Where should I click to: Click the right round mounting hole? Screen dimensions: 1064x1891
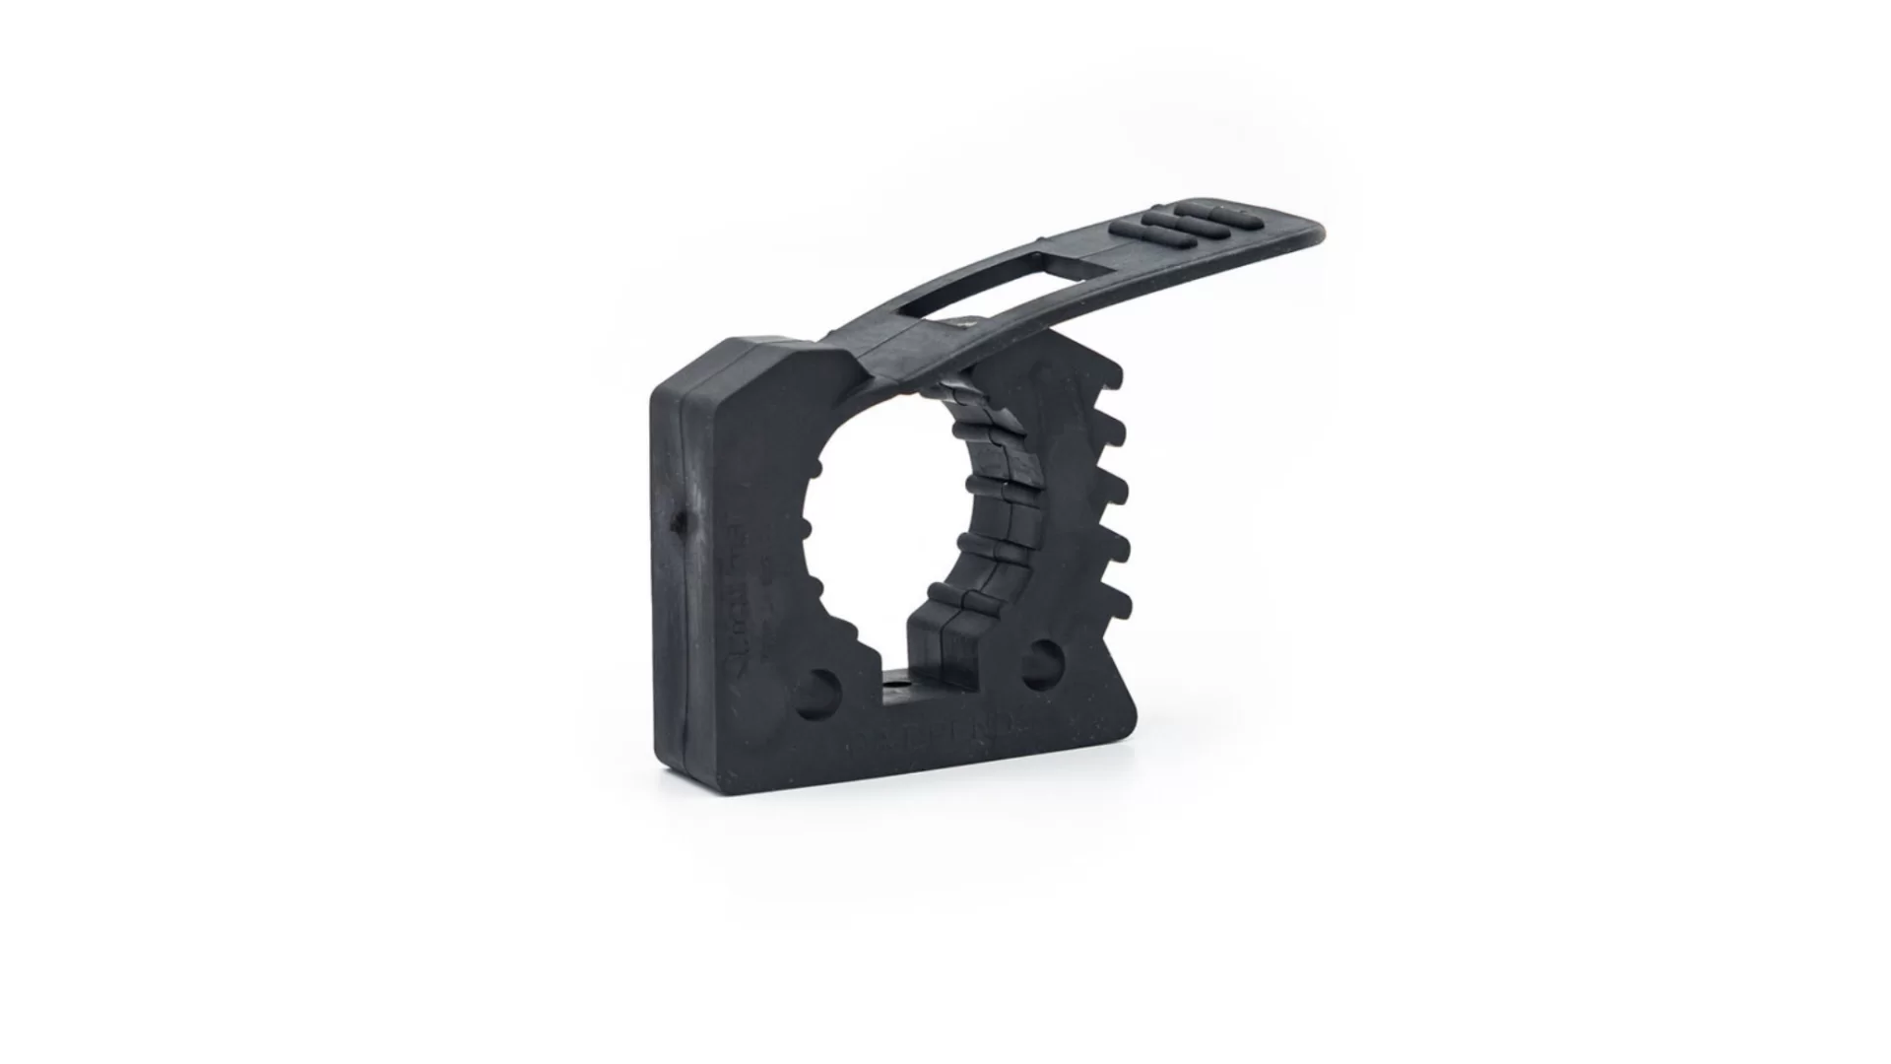click(1041, 663)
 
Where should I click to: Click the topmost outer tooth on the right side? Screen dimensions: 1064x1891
click(1111, 378)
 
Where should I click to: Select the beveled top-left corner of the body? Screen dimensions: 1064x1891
click(689, 369)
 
